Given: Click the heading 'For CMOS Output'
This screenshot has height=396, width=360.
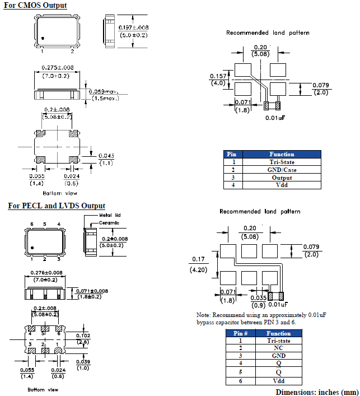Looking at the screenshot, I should click(x=35, y=6).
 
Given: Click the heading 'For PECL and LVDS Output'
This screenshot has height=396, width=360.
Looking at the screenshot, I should click(x=56, y=206).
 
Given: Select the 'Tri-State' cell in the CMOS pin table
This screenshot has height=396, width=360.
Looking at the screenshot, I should click(x=281, y=162).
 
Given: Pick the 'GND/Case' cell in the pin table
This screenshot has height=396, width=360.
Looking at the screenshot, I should click(x=281, y=170).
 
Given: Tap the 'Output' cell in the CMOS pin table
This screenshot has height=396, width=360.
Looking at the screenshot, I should click(x=281, y=178).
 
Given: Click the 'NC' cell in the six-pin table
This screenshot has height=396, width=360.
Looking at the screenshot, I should click(x=278, y=348).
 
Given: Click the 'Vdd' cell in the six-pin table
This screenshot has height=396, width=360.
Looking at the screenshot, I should click(x=278, y=380).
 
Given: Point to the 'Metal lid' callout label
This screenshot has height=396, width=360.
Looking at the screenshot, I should click(x=110, y=215).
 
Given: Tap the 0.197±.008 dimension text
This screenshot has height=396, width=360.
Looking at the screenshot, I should click(x=134, y=27).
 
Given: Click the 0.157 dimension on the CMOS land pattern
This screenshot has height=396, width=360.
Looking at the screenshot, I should click(x=218, y=76).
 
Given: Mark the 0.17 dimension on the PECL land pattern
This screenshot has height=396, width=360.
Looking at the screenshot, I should click(x=198, y=259).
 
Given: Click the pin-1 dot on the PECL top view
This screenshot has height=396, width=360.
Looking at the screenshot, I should click(x=33, y=248).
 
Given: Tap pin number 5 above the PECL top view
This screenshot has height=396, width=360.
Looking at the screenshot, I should click(x=45, y=225).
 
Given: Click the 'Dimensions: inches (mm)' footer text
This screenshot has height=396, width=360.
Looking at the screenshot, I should click(x=316, y=392).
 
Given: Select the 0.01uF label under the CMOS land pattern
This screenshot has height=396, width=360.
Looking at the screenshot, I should click(x=275, y=118).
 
